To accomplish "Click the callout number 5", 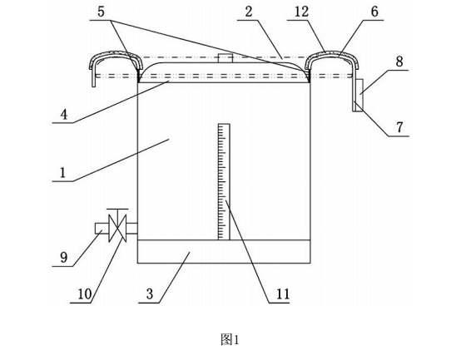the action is pos(101,12).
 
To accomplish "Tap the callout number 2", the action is pos(249,12).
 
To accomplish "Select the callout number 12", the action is pos(301,12).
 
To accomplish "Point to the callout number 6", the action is pos(374,12).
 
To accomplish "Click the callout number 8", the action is pos(399,62).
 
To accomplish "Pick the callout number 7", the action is pos(399,127).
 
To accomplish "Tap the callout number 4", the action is pos(64,115).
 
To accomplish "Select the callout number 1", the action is pos(62,173).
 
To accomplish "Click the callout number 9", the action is pos(64,258).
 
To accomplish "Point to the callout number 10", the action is pos(85,294).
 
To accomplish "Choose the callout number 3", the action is pos(150,294).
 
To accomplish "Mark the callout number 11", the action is pos(283,294).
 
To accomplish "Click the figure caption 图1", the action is pos(230,339).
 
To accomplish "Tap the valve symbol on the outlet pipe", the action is pos(116,225).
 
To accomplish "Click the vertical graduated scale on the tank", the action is pos(224,182).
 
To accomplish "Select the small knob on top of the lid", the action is pos(226,58).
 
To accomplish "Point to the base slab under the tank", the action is pos(224,252).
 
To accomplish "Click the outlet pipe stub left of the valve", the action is pos(102,228).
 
